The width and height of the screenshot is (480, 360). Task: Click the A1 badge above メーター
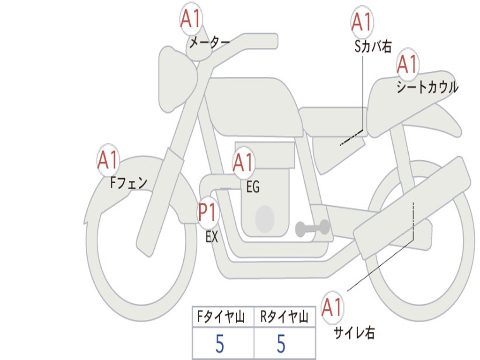191,20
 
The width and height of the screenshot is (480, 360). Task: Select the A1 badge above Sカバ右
361,22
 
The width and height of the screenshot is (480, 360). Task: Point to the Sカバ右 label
373,46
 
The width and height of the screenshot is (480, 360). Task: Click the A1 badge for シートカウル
407,65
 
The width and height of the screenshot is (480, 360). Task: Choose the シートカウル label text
427,88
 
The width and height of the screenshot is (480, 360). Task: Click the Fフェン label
129,182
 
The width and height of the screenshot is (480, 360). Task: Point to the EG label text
253,187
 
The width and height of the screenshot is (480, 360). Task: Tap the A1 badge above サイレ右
332,308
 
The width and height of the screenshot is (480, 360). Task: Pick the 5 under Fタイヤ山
219,344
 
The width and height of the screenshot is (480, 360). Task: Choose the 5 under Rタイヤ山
281,344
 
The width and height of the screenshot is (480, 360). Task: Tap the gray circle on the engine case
264,218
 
